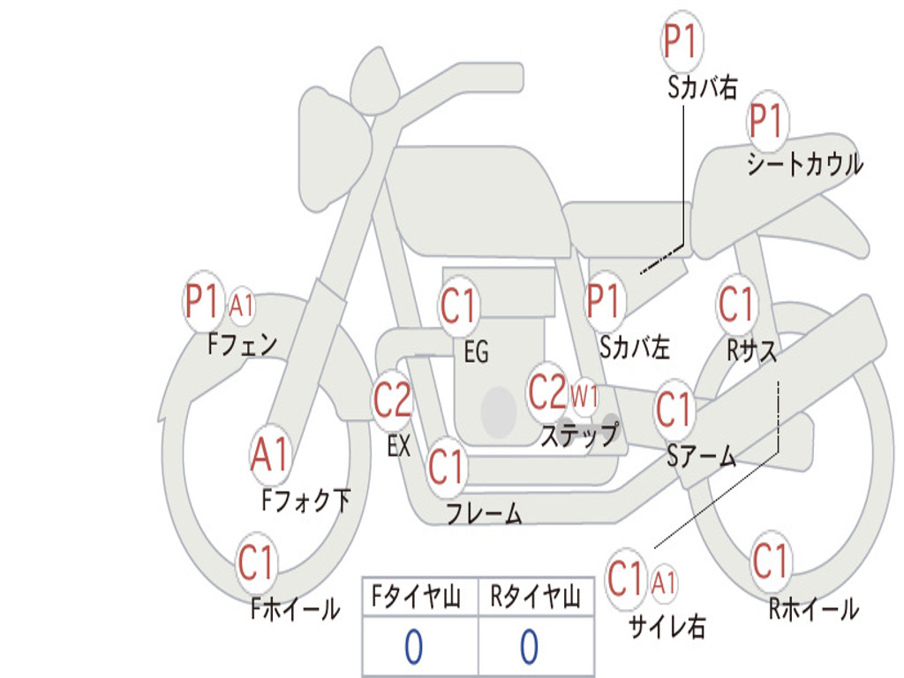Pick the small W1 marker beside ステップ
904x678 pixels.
click(x=584, y=396)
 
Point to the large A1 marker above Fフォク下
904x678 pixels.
click(x=269, y=456)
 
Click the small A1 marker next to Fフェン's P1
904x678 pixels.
click(x=241, y=306)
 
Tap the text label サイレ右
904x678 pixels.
click(x=667, y=626)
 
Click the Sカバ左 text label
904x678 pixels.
click(x=635, y=347)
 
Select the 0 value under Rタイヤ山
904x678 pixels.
click(x=529, y=647)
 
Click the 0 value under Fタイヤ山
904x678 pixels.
click(x=412, y=647)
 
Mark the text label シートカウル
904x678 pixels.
click(x=804, y=165)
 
